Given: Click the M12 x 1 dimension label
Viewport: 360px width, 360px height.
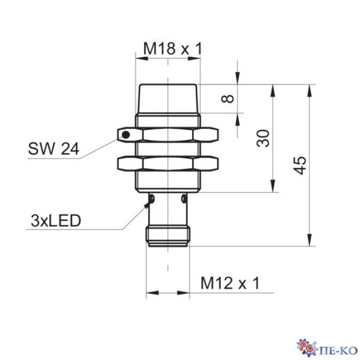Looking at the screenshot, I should click(230, 284).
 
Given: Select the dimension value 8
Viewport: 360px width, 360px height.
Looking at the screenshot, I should click(227, 99).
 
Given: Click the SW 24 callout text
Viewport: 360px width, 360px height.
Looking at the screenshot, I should click(53, 150).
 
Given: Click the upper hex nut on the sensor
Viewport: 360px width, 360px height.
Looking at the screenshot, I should click(168, 134).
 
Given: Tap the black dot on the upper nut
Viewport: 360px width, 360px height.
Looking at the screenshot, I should click(126, 134).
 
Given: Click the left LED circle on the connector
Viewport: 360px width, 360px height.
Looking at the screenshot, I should click(152, 199).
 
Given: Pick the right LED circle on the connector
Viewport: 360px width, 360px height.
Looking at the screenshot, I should click(184, 199).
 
